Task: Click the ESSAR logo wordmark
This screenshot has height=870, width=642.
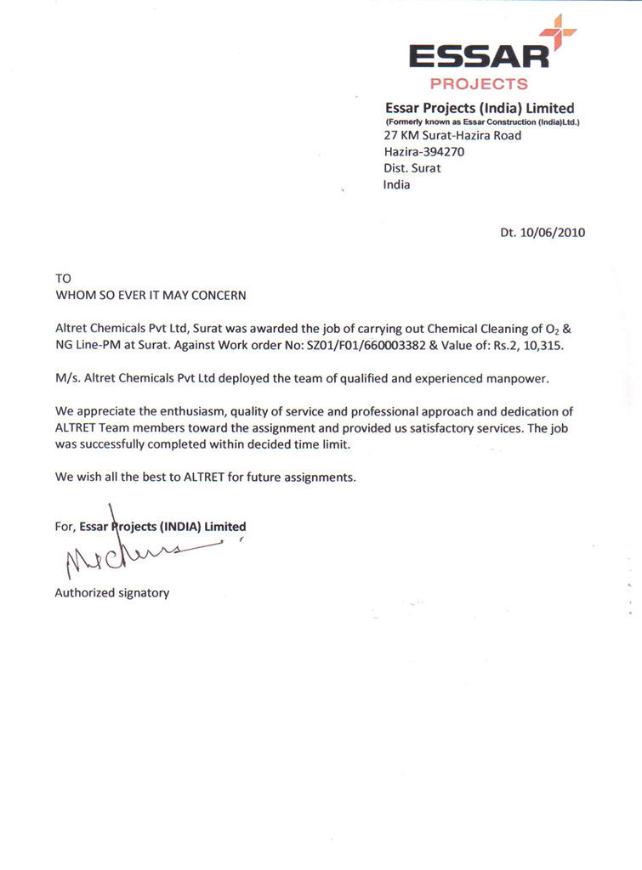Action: [479, 56]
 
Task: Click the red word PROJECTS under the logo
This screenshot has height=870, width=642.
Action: [479, 84]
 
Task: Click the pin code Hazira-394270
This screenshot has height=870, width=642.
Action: [424, 151]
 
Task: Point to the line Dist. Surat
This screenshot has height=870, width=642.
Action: [412, 168]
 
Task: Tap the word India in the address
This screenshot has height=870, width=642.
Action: [397, 184]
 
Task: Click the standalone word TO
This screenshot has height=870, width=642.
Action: [64, 279]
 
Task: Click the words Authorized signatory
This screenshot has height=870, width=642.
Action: [112, 593]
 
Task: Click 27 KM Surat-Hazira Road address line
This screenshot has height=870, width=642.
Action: [452, 135]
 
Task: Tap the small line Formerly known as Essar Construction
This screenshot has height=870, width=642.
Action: [482, 122]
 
